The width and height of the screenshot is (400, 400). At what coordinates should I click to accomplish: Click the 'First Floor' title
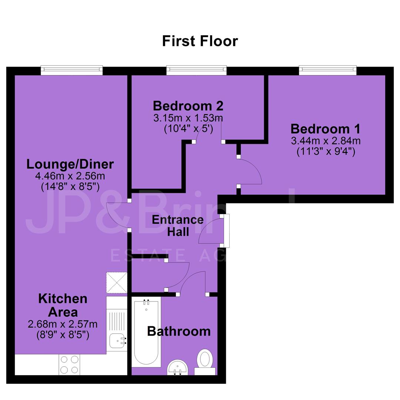point(200,41)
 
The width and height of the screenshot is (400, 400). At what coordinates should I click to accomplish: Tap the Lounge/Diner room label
point(70,164)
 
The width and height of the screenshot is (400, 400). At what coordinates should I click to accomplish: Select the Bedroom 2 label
point(188,106)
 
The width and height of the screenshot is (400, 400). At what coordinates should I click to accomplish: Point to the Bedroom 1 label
point(326,129)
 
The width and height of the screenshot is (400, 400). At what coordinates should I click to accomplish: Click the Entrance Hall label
point(178,226)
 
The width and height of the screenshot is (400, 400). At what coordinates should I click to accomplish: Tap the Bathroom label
point(179,331)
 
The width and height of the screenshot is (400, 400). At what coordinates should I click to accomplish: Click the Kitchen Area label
point(63,305)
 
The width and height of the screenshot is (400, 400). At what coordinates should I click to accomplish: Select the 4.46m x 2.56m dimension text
point(70,176)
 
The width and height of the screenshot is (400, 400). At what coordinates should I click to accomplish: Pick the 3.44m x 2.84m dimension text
point(326,141)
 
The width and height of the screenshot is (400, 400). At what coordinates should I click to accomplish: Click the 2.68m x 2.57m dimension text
point(63,324)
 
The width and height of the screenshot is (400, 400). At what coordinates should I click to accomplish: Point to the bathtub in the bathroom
point(146,333)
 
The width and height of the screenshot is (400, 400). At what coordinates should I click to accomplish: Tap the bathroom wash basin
point(177,367)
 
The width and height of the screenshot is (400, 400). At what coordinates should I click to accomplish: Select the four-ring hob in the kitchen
point(69,365)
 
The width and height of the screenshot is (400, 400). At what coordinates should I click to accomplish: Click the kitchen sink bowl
point(118,341)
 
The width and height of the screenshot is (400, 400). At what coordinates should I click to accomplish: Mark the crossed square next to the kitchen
point(117,283)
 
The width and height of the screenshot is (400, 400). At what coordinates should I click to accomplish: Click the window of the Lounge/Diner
point(72,70)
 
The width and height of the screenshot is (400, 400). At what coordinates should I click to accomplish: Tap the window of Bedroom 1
point(328,70)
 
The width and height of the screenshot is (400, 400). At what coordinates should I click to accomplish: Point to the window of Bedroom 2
point(196,70)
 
